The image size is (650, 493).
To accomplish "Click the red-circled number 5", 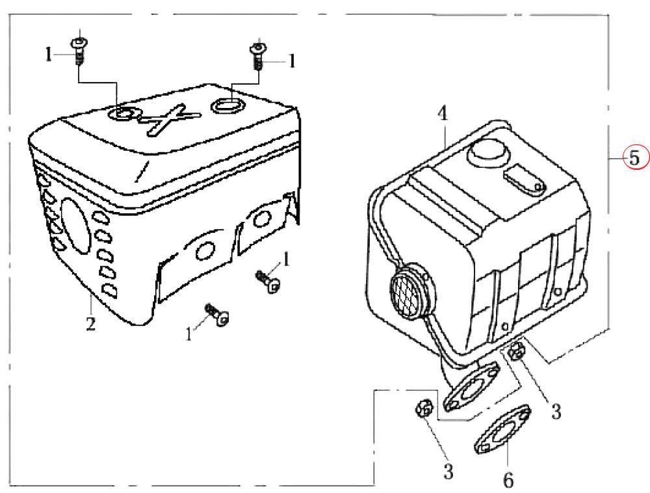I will tap(634, 157).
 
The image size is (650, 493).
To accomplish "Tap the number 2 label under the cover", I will tap(90, 322).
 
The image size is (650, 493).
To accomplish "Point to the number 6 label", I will tap(508, 480).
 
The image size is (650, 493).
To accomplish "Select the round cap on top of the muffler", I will tap(485, 153).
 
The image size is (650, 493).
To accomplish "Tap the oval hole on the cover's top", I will tap(228, 104).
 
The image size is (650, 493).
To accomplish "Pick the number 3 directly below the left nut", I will tap(448, 471).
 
